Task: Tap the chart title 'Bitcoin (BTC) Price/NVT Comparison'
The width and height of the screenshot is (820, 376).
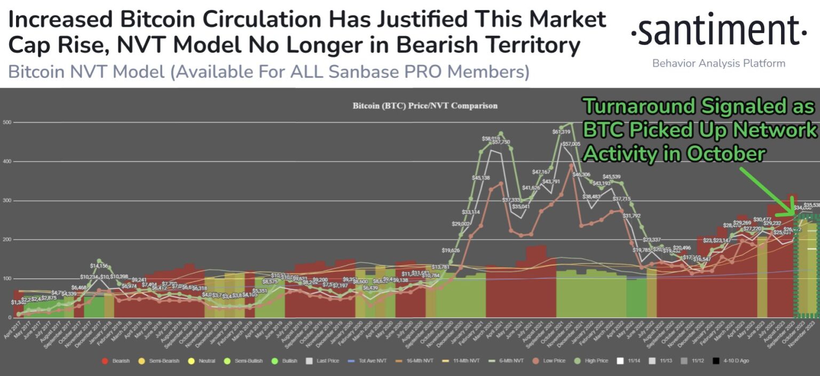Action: (425, 106)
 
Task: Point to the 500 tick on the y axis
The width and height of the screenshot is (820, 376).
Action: (7, 122)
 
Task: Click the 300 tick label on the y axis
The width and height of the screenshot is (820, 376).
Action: (7, 201)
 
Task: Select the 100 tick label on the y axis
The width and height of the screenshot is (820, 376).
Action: (7, 279)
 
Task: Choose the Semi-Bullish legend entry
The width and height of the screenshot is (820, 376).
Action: (248, 361)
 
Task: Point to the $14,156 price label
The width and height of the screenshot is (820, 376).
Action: (99, 265)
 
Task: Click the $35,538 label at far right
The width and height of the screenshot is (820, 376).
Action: (811, 205)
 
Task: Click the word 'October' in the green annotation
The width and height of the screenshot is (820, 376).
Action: (726, 154)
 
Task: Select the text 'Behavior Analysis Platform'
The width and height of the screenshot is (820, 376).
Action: (719, 64)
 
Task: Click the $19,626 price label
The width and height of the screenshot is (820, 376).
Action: (442, 250)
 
